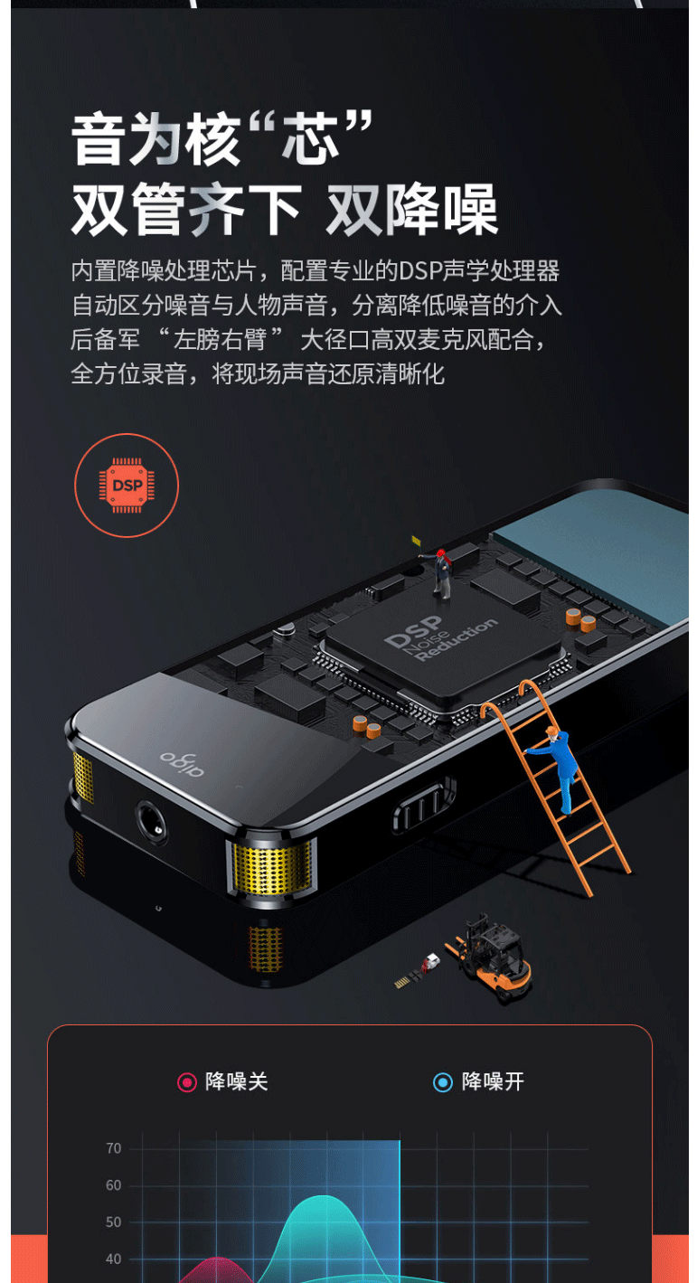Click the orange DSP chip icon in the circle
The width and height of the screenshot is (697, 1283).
[127, 486]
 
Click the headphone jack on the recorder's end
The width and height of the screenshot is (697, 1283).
[152, 823]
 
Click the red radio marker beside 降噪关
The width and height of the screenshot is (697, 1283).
[187, 1082]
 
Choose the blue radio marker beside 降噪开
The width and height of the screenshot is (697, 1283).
[443, 1082]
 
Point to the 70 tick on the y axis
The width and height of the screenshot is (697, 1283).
[113, 1148]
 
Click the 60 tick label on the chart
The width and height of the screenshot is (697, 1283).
[113, 1185]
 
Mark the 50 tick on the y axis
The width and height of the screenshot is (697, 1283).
[113, 1222]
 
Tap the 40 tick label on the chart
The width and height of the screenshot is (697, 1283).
[113, 1259]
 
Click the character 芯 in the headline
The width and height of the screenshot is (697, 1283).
[310, 137]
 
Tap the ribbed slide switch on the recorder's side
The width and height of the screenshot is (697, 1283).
[424, 805]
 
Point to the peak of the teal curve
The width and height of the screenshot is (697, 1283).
[325, 1196]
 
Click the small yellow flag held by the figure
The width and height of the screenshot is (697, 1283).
[415, 540]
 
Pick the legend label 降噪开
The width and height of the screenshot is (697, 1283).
[493, 1082]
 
